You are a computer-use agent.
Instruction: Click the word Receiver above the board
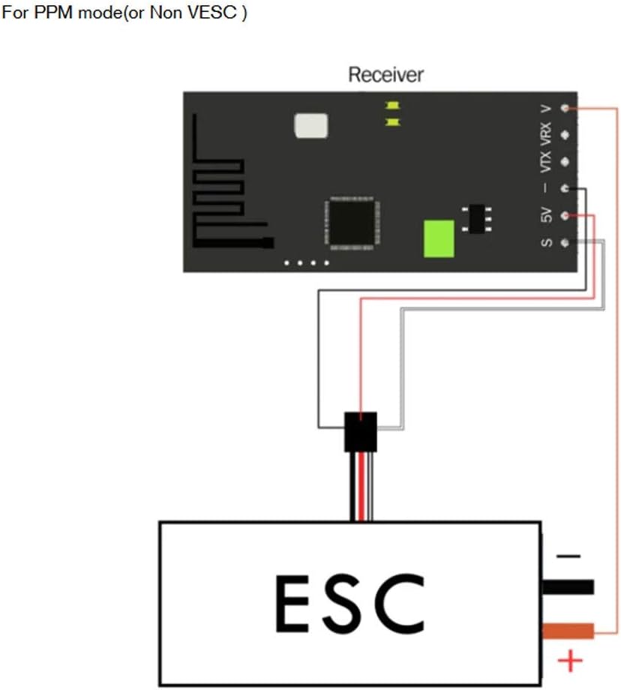click(x=385, y=75)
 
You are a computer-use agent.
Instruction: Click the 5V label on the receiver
click(x=547, y=216)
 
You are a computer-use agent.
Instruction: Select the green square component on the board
click(x=439, y=238)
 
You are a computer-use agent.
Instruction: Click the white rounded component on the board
click(x=312, y=126)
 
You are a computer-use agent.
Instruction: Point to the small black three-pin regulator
click(x=475, y=218)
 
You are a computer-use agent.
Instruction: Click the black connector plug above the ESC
click(x=361, y=431)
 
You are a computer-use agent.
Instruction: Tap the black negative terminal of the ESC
click(x=567, y=586)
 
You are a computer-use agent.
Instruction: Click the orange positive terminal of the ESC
click(x=567, y=631)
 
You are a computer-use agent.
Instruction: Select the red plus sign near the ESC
click(x=571, y=661)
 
